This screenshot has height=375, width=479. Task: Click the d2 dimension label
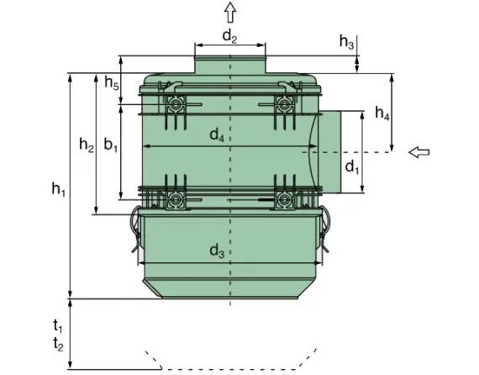click(230, 35)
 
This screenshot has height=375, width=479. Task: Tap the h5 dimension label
click(111, 82)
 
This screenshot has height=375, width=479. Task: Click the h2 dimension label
click(86, 145)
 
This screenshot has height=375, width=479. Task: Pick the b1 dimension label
click(111, 145)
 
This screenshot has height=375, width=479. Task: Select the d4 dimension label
click(217, 135)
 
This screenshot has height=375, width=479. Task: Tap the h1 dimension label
click(58, 191)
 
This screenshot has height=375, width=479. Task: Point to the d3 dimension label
click(217, 250)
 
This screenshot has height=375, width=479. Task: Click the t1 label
click(57, 325)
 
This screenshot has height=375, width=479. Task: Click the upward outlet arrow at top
click(230, 11)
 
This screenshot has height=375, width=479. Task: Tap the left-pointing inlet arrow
click(418, 151)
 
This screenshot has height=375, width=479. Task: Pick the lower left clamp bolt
click(175, 200)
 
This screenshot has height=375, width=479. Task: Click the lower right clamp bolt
click(285, 200)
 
